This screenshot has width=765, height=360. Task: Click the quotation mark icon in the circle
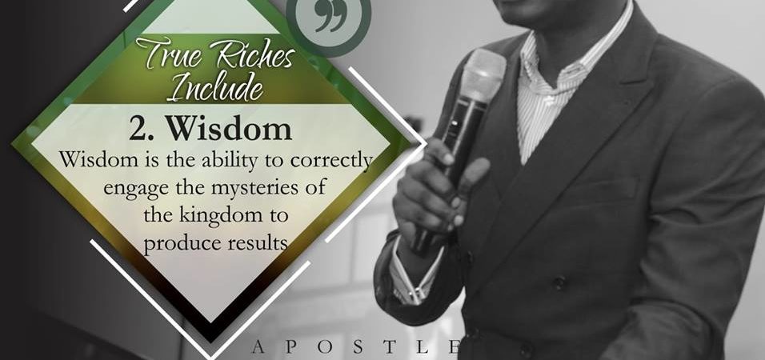point(330,16)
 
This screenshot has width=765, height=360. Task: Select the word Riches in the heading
point(255,57)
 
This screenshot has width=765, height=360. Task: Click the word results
point(257,242)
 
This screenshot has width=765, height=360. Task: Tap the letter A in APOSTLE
point(259,347)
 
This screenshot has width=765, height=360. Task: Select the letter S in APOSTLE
point(358,347)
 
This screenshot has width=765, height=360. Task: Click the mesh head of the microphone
point(483,73)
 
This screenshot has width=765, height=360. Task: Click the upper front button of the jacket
point(559,283)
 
